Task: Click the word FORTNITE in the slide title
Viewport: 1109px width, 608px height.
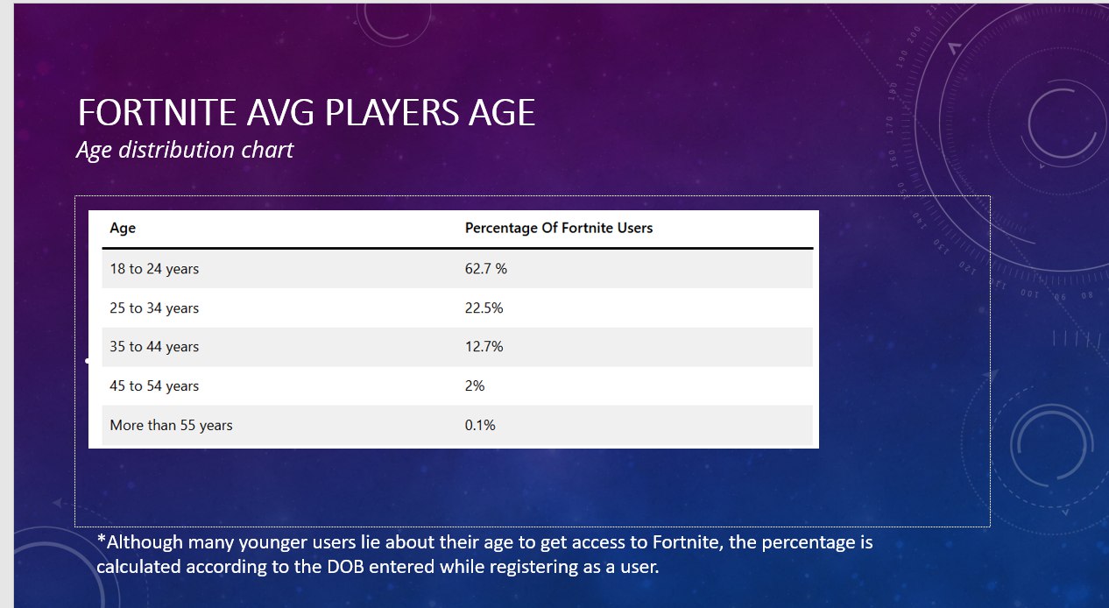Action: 157,112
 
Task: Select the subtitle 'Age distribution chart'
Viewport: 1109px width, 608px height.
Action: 185,150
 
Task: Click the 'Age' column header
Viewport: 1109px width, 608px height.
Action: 123,229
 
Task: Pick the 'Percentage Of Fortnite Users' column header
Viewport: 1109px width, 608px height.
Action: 559,228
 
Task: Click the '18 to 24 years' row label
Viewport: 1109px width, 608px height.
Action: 154,269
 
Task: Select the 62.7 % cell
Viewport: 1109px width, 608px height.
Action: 485,268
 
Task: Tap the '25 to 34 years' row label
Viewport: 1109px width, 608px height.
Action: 154,308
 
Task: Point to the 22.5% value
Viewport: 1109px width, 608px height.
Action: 484,308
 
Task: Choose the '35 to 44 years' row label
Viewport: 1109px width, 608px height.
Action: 154,347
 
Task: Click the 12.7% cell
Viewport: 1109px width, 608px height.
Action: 484,347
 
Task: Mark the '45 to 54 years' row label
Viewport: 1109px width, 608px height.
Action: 154,385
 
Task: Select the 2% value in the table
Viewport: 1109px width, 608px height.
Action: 474,385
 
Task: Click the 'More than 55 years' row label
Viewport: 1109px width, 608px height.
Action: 171,425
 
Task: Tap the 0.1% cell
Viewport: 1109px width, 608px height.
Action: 480,425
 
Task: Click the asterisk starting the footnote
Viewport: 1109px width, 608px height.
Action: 102,539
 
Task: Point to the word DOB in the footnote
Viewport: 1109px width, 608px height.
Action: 345,567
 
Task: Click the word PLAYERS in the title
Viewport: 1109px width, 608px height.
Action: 392,112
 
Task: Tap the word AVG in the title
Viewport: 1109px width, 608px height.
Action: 280,112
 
